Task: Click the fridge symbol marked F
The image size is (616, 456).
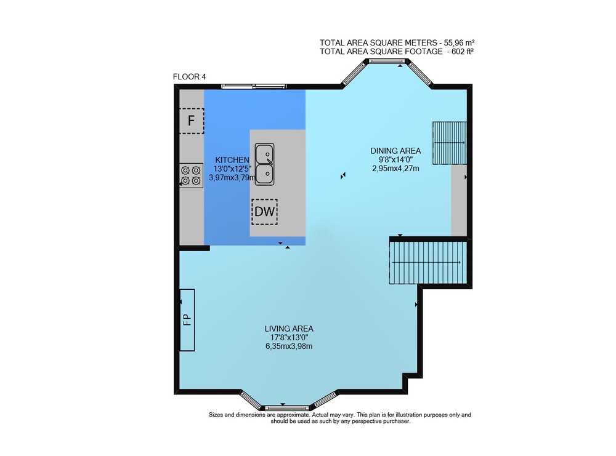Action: [x=192, y=121]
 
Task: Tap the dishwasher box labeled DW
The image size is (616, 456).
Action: [x=264, y=212]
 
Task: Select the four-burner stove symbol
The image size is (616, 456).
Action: [x=192, y=175]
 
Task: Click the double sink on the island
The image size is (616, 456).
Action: [x=264, y=164]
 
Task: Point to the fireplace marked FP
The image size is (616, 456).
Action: [x=187, y=320]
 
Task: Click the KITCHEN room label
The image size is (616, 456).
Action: [x=232, y=160]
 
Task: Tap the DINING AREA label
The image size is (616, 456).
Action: [x=395, y=151]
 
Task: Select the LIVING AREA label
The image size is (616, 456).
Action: [x=289, y=329]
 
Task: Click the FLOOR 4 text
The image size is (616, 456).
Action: [x=189, y=77]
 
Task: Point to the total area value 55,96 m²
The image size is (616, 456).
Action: [x=459, y=43]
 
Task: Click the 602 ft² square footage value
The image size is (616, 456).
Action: [x=464, y=52]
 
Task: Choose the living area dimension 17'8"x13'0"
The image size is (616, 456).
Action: [x=289, y=337]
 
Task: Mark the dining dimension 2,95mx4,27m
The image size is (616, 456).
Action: [x=395, y=169]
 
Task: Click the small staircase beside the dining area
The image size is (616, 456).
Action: [x=450, y=143]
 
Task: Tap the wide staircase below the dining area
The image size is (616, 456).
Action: [x=428, y=263]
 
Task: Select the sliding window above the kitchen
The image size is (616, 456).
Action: [x=253, y=86]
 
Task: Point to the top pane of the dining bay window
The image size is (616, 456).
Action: [x=386, y=61]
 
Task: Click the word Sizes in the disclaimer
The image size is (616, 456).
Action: [x=216, y=415]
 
